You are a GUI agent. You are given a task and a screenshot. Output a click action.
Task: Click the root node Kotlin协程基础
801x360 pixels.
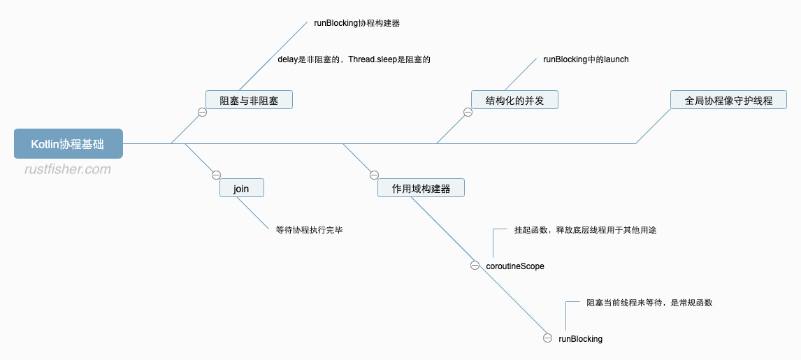[68, 144]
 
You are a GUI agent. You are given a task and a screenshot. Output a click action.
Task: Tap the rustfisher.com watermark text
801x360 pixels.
[67, 169]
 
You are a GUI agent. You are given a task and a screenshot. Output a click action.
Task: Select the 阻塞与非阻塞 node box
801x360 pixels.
[249, 100]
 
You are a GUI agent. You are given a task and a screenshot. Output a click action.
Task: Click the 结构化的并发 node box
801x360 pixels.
[514, 100]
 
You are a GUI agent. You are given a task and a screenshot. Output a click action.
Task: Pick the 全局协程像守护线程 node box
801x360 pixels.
[728, 100]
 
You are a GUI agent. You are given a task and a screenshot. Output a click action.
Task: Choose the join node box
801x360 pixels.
[241, 188]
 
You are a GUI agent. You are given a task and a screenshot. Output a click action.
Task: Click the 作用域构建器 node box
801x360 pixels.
[421, 188]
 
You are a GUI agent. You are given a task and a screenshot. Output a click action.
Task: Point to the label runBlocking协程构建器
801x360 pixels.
[356, 22]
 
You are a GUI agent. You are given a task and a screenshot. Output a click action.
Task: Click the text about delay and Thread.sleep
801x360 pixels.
[354, 59]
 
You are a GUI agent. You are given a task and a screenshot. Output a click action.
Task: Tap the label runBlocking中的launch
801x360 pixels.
[586, 59]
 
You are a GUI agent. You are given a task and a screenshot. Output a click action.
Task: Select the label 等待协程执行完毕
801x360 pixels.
[309, 229]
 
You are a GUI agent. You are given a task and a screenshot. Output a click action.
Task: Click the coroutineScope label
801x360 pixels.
[515, 266]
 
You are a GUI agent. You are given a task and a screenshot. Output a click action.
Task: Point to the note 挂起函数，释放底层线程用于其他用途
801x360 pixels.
[585, 229]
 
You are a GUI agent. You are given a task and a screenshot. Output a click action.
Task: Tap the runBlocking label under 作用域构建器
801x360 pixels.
[580, 339]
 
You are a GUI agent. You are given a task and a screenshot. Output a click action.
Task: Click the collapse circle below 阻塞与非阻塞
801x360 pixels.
[202, 112]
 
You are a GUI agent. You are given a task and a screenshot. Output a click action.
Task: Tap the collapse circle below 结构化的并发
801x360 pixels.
[468, 112]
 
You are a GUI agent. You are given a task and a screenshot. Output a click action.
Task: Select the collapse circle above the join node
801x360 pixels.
[216, 175]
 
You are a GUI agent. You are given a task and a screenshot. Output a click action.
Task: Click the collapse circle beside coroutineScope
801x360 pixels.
[475, 266]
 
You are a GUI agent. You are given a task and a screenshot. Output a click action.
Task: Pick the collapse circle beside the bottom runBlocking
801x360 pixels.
[547, 338]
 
